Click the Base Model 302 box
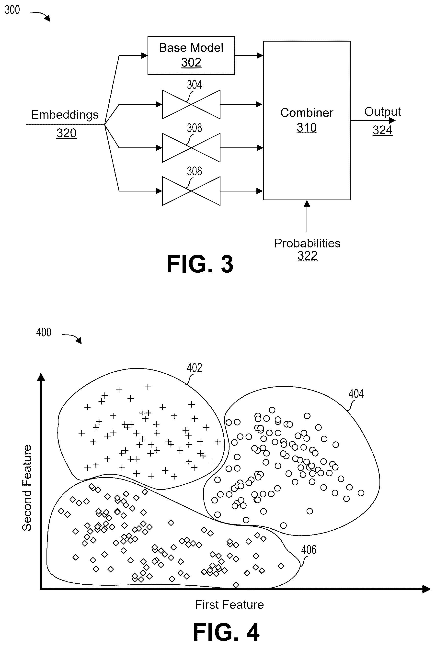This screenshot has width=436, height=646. tap(191, 56)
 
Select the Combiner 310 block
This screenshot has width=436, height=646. tap(307, 120)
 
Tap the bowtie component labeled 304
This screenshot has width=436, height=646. tap(191, 104)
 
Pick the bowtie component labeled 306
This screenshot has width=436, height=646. tap(191, 148)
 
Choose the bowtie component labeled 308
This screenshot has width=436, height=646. tap(191, 191)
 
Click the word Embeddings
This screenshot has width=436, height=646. tap(65, 115)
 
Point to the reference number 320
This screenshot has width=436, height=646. tap(67, 133)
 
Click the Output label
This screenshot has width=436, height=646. tap(383, 112)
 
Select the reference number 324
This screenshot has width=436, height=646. tap(383, 130)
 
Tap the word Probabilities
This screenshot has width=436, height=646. tap(307, 243)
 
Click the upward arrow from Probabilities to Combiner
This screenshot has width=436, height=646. tap(307, 216)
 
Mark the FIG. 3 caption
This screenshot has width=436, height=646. tap(200, 264)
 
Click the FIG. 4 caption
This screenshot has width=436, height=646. tap(226, 632)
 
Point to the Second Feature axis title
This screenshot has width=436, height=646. tap(27, 488)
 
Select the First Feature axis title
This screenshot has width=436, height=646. tap(229, 605)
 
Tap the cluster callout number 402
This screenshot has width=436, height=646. tap(194, 368)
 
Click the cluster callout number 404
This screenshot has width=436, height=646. tap(356, 393)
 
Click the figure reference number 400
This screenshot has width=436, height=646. tap(44, 332)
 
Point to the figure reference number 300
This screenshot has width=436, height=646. tap(12, 10)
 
